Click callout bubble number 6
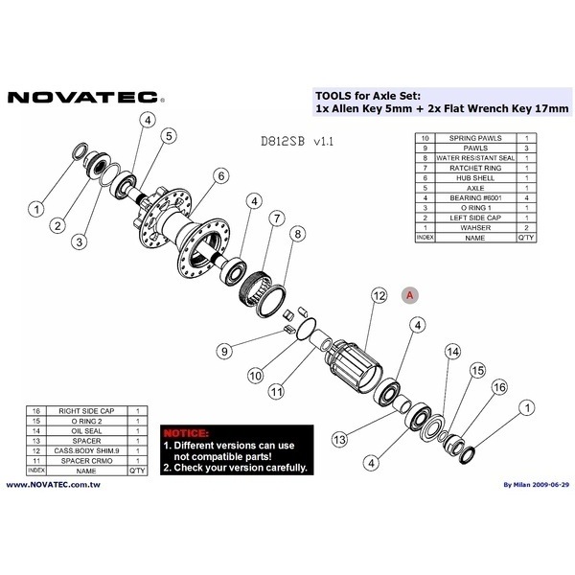point(221,175)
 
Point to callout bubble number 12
point(379,294)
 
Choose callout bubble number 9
point(223,352)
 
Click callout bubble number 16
point(498,386)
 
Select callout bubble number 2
point(57,225)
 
